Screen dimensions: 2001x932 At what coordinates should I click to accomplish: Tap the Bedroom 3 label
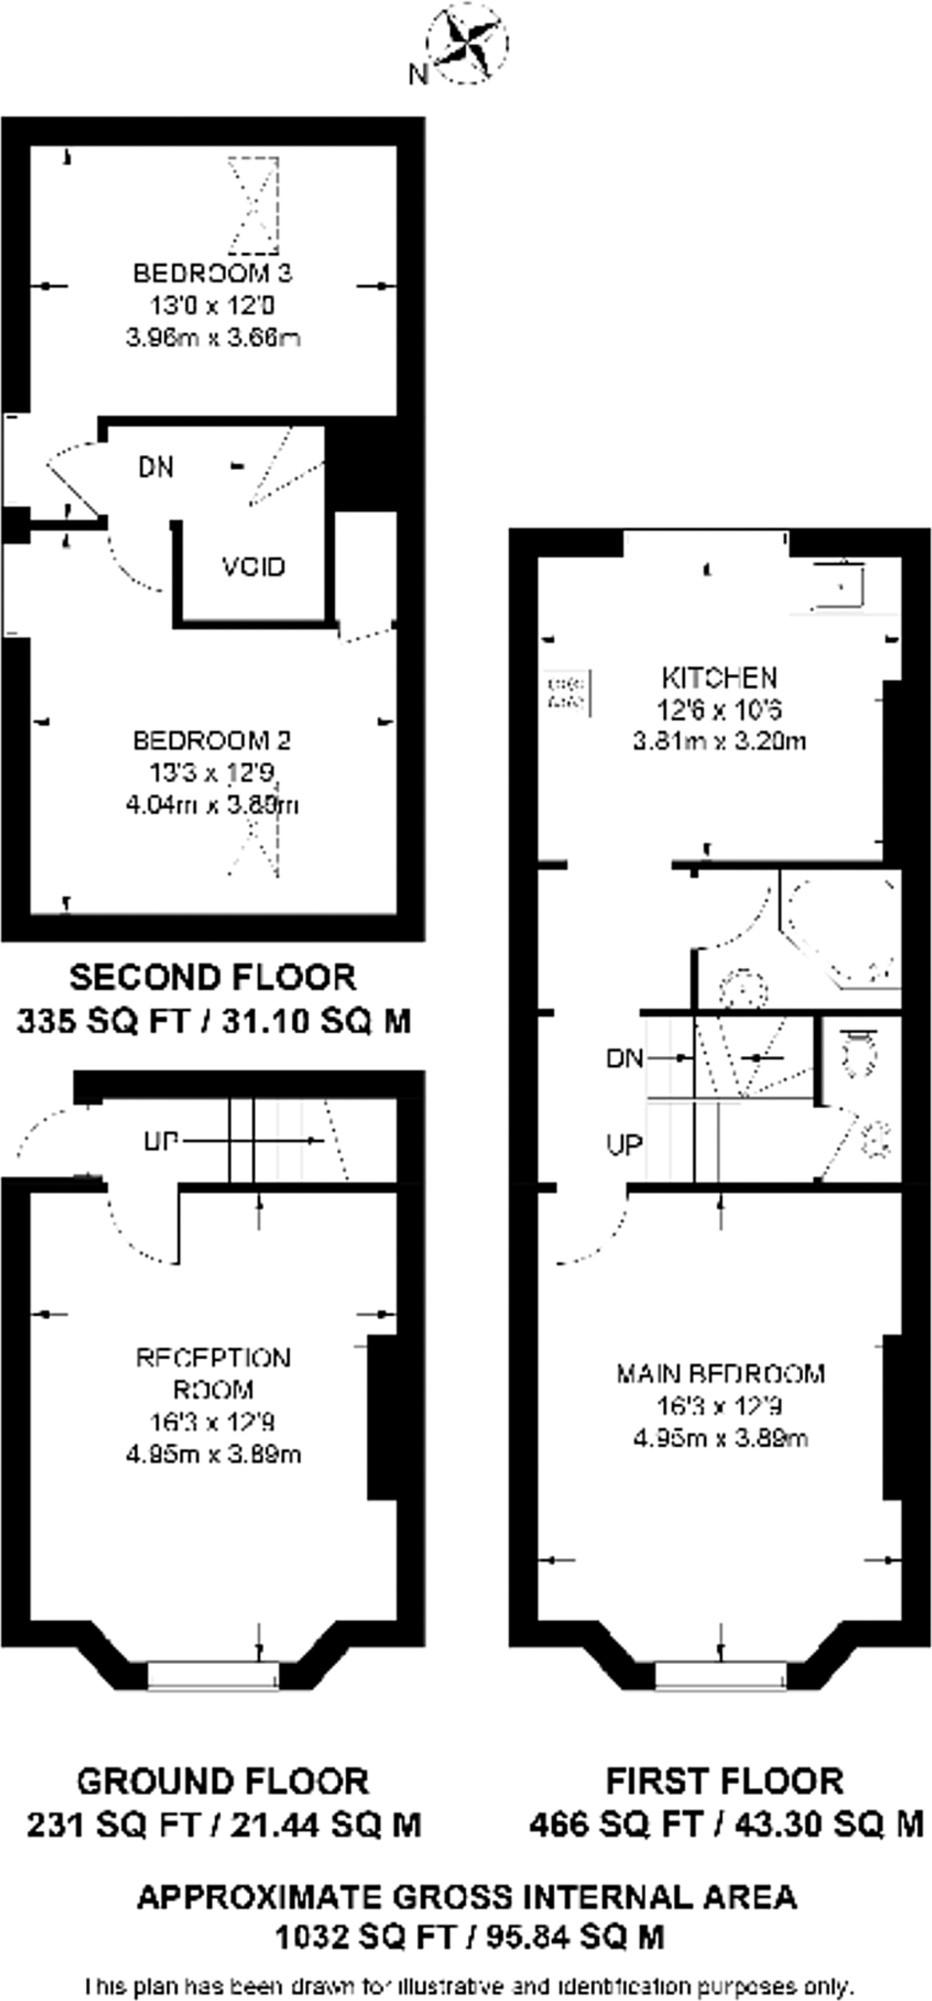click(x=212, y=273)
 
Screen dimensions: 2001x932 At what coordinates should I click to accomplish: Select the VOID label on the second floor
click(x=253, y=566)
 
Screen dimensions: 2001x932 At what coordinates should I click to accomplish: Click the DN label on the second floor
click(x=156, y=467)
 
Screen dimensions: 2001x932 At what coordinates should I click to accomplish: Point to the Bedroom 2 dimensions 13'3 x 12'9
click(x=212, y=773)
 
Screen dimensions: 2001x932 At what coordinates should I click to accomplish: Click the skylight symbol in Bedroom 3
click(x=253, y=204)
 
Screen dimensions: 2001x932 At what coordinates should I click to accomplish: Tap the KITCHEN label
click(x=719, y=677)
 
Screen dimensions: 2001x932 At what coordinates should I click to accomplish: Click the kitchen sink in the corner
click(x=839, y=585)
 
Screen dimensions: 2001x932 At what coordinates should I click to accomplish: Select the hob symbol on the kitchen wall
click(x=567, y=691)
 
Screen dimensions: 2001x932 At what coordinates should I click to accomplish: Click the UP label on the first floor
click(x=624, y=1144)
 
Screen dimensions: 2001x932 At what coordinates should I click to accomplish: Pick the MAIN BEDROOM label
click(x=721, y=1374)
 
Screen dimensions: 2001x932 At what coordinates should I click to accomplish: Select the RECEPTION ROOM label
click(x=212, y=1373)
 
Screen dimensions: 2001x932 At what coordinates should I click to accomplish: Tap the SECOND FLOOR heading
click(x=212, y=976)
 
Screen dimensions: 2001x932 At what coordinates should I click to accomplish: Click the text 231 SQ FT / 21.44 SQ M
click(x=223, y=1824)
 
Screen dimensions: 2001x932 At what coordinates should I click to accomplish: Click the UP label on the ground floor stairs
click(x=161, y=1140)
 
